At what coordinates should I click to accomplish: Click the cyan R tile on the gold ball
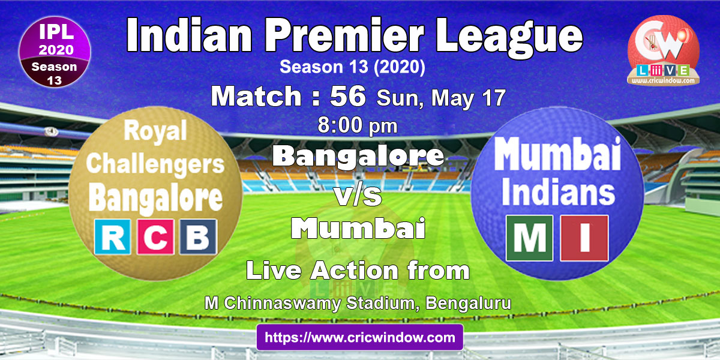113,237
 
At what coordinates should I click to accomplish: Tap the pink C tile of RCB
155,237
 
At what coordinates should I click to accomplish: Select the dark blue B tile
198,237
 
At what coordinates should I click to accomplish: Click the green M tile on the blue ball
529,238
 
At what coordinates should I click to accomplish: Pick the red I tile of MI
584,238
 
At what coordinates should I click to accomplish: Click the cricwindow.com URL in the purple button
359,337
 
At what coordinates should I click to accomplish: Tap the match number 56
348,96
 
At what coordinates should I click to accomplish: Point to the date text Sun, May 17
441,98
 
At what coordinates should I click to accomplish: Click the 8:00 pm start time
358,125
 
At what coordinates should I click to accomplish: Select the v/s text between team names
358,196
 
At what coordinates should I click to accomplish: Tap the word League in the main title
509,38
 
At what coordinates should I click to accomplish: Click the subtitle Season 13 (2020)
352,67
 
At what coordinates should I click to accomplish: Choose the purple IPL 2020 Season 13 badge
55,52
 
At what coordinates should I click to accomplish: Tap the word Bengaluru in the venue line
469,303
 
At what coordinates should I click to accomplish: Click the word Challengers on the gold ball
155,164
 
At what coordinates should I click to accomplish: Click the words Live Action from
358,271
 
